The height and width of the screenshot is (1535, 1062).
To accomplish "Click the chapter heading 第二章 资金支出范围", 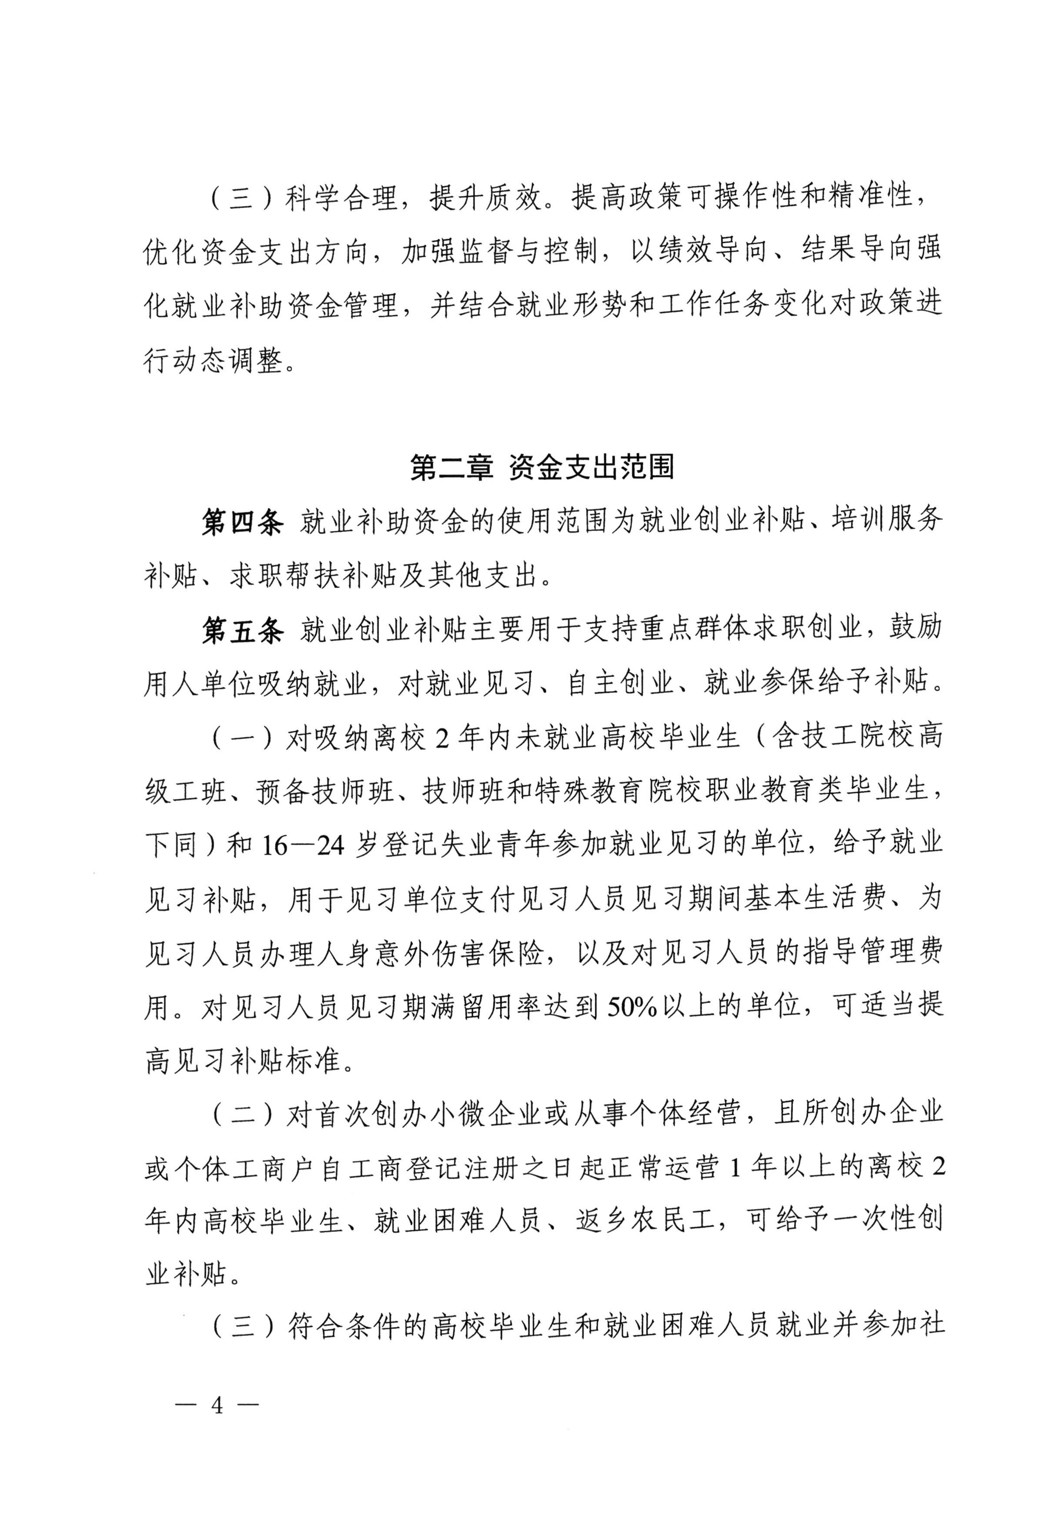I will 542,467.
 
